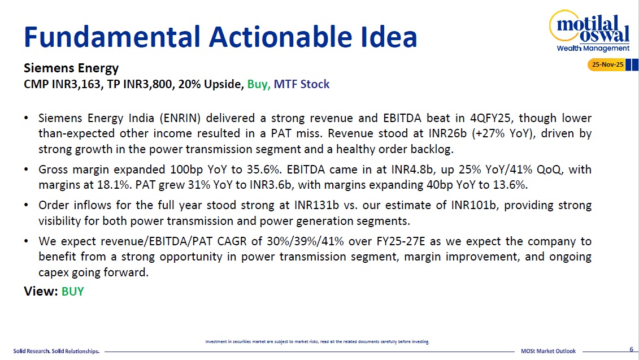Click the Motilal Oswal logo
590,31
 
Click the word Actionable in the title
281,37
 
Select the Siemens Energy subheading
71,68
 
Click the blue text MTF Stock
302,84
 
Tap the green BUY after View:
72,292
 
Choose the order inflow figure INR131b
316,205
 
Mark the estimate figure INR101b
473,205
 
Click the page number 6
631,349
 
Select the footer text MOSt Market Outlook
548,351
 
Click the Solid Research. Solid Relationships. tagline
56,351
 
